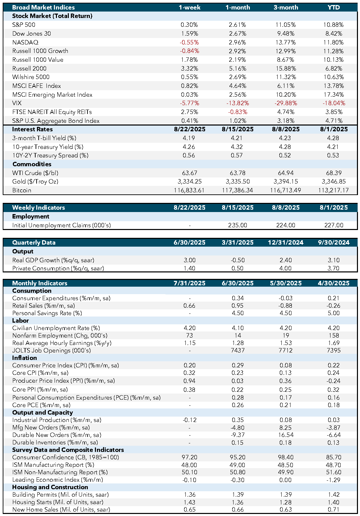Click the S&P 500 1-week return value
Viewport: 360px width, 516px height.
(189, 25)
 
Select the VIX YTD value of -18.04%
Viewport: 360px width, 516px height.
(334, 103)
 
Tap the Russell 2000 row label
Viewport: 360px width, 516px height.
(29, 69)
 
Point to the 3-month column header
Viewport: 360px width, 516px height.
(286, 7)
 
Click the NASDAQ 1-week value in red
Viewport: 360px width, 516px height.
(189, 42)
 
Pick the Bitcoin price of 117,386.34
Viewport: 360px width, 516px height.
(237, 190)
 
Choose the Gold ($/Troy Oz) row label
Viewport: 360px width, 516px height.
(35, 181)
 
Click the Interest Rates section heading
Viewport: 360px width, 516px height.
(33, 129)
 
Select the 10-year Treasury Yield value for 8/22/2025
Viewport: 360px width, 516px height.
(189, 147)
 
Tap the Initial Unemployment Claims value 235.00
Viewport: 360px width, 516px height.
(238, 225)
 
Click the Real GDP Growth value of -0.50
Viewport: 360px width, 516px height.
(238, 260)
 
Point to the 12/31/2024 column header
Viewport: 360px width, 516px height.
(286, 243)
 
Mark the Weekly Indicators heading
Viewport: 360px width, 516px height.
(38, 208)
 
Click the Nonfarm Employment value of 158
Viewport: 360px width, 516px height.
(334, 336)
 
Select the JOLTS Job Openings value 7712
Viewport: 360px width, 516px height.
(286, 350)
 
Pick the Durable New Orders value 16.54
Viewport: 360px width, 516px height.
(286, 435)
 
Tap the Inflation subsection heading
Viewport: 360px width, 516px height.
(24, 358)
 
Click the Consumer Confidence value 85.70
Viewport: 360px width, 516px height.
(334, 457)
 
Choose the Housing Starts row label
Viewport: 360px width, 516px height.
(58, 502)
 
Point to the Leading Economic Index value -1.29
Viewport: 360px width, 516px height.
(334, 480)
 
